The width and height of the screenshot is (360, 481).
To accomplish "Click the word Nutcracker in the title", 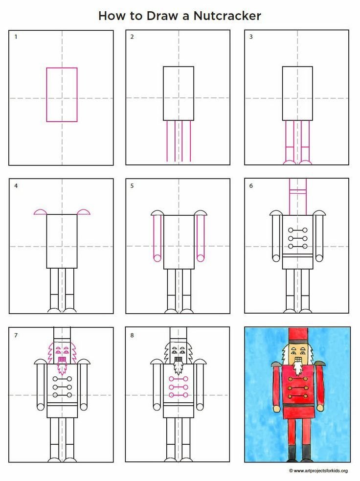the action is (227, 16).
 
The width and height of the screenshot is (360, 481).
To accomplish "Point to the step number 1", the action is (16, 37).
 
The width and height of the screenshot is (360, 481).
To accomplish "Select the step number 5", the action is (132, 185).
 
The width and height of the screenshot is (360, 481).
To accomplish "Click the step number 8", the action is (132, 335).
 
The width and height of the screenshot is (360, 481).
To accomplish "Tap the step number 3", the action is (251, 37).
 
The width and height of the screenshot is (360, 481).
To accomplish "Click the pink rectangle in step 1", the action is (46, 95).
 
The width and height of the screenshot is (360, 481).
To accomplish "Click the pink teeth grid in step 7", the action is (62, 359).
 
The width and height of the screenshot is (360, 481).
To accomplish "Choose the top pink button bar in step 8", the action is (178, 379).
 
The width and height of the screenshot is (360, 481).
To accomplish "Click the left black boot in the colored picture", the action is (292, 452).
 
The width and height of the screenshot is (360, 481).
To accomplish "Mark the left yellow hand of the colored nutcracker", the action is (276, 409).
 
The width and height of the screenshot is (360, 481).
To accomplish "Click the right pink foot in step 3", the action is (305, 162).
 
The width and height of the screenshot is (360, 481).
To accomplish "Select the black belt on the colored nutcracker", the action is (299, 405).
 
